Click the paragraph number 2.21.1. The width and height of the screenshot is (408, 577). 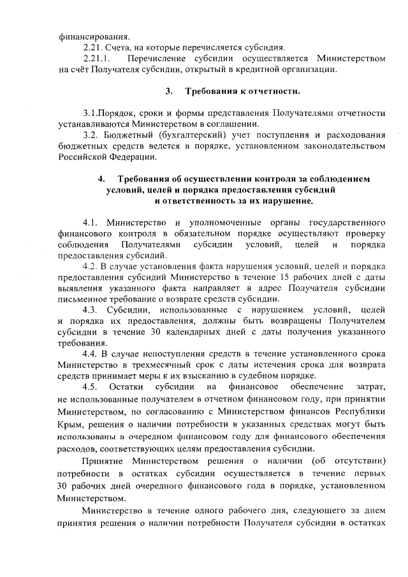[x=98, y=59]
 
